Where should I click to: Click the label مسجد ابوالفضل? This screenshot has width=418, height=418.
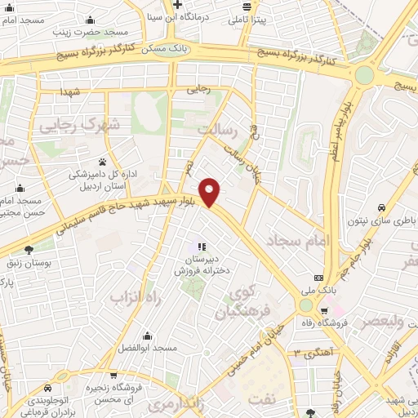click(147, 349)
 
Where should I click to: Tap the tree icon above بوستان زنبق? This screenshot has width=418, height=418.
click(29, 251)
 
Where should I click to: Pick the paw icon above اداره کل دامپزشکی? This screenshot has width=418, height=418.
click(101, 161)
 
